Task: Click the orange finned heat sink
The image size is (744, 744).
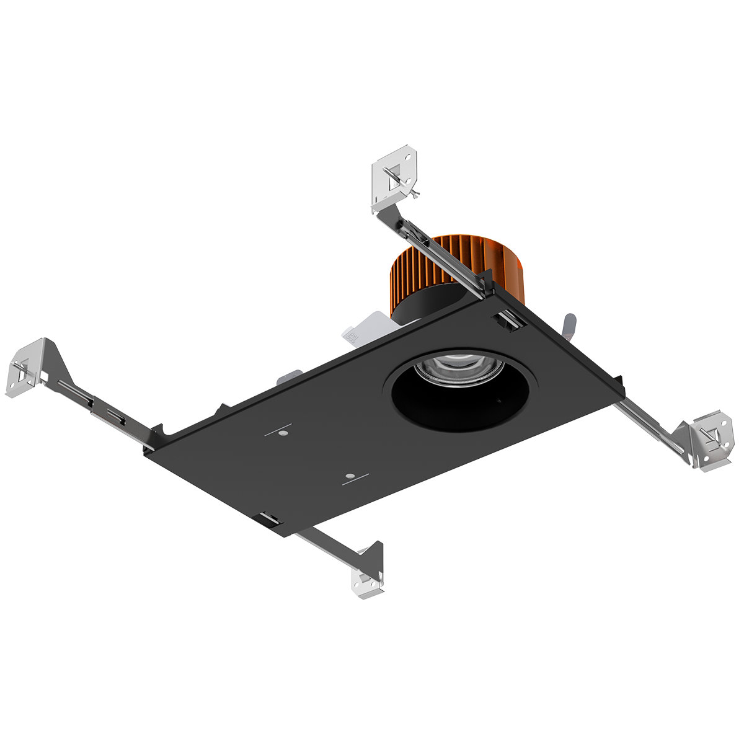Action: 428,267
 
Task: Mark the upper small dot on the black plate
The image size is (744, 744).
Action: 282,433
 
